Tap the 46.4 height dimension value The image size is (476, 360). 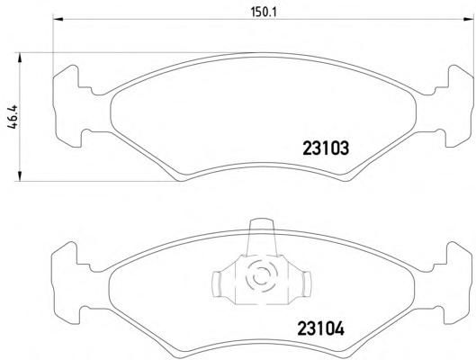(13, 117)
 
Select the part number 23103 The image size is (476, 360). (326, 148)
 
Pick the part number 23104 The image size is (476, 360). (321, 328)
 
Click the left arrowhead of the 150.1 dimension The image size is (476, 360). (58, 20)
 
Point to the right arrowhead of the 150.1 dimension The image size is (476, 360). (469, 20)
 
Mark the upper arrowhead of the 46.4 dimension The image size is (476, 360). (20, 58)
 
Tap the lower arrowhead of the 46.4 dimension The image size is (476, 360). (20, 176)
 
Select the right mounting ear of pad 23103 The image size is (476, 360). (458, 106)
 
